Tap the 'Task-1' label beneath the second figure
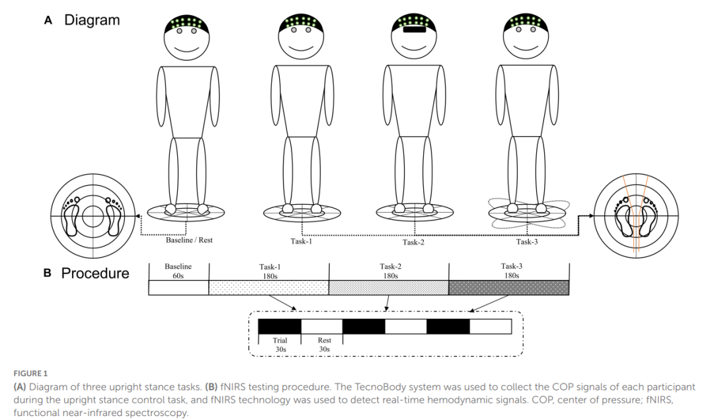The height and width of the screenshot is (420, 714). tap(301, 242)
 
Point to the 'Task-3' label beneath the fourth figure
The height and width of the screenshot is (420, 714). tap(526, 242)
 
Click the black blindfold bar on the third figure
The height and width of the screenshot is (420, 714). tap(413, 29)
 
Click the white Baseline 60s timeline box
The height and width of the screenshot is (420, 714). tap(178, 287)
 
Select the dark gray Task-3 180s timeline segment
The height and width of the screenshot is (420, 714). tap(508, 287)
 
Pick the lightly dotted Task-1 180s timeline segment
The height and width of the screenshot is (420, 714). tap(268, 287)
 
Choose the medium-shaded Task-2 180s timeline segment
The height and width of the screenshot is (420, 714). tap(389, 287)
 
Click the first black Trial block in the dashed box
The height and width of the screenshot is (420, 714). tap(280, 326)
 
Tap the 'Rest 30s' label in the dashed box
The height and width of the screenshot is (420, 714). tap(324, 345)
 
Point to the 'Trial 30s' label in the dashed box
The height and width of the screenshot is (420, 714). tap(280, 345)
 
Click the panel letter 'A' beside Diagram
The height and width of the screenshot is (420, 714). tap(48, 20)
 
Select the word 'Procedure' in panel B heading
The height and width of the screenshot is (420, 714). tap(95, 273)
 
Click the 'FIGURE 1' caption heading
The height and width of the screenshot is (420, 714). tap(31, 374)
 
